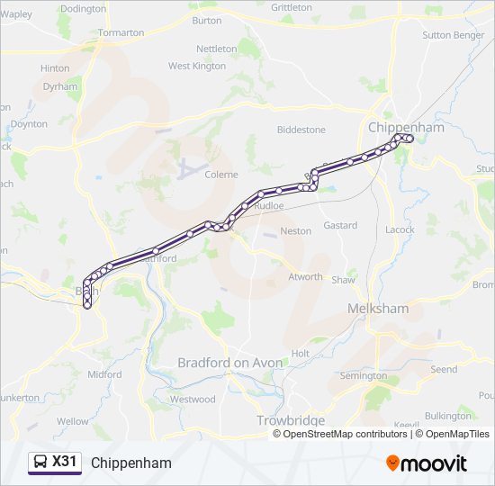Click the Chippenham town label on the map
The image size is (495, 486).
coord(406,128)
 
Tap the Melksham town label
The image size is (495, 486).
coord(378,309)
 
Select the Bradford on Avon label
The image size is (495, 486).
coord(229,363)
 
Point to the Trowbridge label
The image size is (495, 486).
coord(291,420)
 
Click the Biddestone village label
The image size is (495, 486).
coord(301,130)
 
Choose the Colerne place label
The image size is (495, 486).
coord(222,175)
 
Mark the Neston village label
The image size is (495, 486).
coord(295,231)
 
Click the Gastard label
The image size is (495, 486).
coord(340,225)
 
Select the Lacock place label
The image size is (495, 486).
coord(400,229)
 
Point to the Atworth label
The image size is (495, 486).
coord(305,276)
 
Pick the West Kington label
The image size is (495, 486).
coord(197,66)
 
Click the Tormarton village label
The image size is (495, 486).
coord(121,32)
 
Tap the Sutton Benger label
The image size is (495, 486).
coord(453,35)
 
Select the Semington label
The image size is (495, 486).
coord(363,375)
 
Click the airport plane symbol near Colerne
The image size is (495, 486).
coord(189,167)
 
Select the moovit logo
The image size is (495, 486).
coord(427,463)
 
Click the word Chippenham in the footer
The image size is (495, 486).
coord(131,463)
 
